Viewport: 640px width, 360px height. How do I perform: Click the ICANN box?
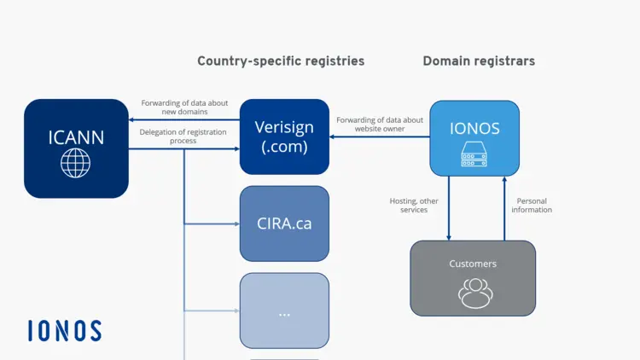76,148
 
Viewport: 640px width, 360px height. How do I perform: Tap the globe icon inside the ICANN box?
76,164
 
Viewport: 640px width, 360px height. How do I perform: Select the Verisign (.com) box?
284,136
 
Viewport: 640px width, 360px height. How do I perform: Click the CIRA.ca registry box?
284,224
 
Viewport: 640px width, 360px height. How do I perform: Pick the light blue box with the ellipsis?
284,311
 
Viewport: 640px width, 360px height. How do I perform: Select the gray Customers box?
473,278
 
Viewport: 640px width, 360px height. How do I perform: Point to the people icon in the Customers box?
474,293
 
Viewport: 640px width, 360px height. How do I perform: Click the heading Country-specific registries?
281,61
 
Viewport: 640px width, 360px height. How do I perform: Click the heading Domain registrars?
479,61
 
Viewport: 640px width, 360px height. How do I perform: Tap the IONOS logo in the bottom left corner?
64,331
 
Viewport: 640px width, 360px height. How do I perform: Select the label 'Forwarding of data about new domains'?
184,107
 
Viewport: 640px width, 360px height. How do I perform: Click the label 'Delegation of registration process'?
183,136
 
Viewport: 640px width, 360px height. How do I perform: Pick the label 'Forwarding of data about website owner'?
380,125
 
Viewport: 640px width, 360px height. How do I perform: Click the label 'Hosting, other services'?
414,206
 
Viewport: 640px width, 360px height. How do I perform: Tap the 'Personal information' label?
532,206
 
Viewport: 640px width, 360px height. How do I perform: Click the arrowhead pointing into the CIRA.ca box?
236,224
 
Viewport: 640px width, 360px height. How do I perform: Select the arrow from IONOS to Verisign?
380,136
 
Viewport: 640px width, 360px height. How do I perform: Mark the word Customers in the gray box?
473,264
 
